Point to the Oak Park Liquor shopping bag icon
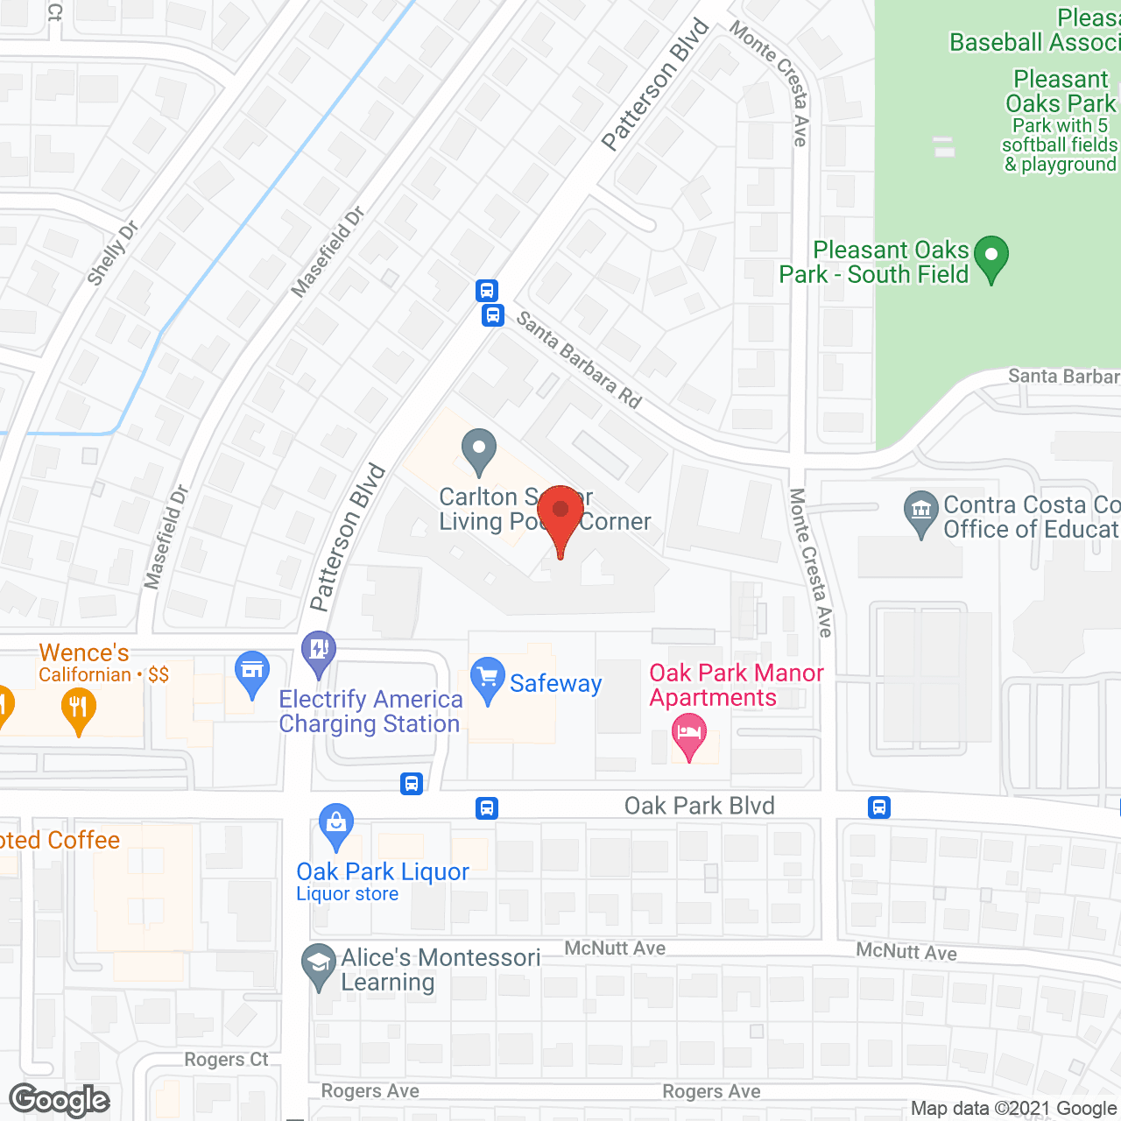tap(336, 826)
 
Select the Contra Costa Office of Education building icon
tap(920, 514)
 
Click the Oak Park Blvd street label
tap(699, 806)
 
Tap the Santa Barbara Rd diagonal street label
tap(579, 359)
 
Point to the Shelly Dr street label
tap(113, 254)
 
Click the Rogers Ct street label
tap(226, 1060)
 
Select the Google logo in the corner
tap(60, 1100)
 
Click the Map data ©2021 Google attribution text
tap(1014, 1109)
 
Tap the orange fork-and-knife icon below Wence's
tap(79, 709)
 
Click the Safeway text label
tap(555, 683)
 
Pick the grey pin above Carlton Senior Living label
tap(478, 452)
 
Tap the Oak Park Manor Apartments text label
tap(736, 685)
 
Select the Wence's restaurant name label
tap(84, 652)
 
